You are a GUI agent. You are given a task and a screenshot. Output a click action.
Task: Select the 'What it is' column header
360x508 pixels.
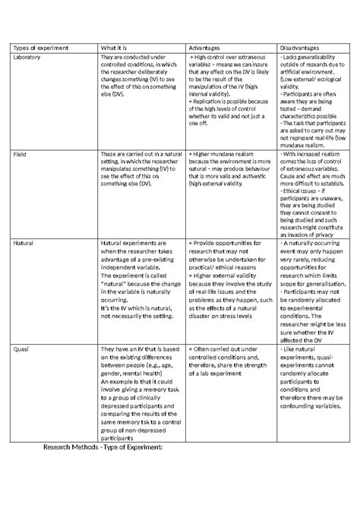(x=115, y=47)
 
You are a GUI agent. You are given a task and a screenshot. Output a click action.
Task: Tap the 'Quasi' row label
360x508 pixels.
(x=22, y=348)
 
